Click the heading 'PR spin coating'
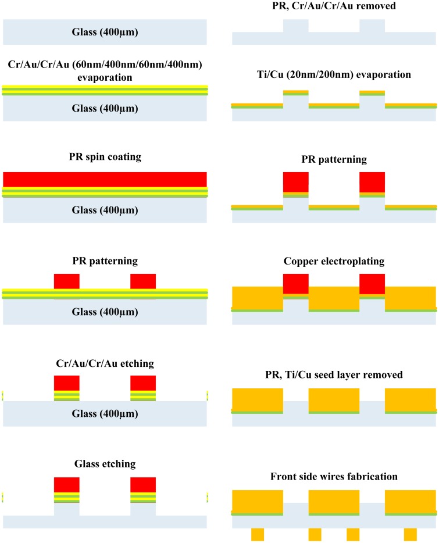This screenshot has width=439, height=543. [105, 158]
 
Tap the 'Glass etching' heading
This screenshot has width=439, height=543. [105, 463]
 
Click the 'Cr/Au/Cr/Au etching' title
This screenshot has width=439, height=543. [105, 363]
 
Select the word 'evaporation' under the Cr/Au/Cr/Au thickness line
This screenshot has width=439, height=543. [105, 77]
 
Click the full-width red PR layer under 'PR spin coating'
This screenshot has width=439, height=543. [105, 179]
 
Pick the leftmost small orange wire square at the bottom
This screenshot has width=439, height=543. [258, 534]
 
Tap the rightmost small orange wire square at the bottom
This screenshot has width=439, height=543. [410, 534]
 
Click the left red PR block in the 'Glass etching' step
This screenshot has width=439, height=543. [67, 485]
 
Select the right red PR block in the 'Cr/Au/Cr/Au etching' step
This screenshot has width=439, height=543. [143, 383]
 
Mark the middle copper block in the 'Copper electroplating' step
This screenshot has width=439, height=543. [334, 298]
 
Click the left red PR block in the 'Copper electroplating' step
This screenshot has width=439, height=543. [296, 284]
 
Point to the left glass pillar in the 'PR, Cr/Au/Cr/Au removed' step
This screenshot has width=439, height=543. [296, 26]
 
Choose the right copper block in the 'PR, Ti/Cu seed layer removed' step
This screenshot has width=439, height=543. [410, 399]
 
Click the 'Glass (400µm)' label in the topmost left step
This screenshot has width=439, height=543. [105, 32]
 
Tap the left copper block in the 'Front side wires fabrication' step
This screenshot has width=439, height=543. [258, 501]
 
